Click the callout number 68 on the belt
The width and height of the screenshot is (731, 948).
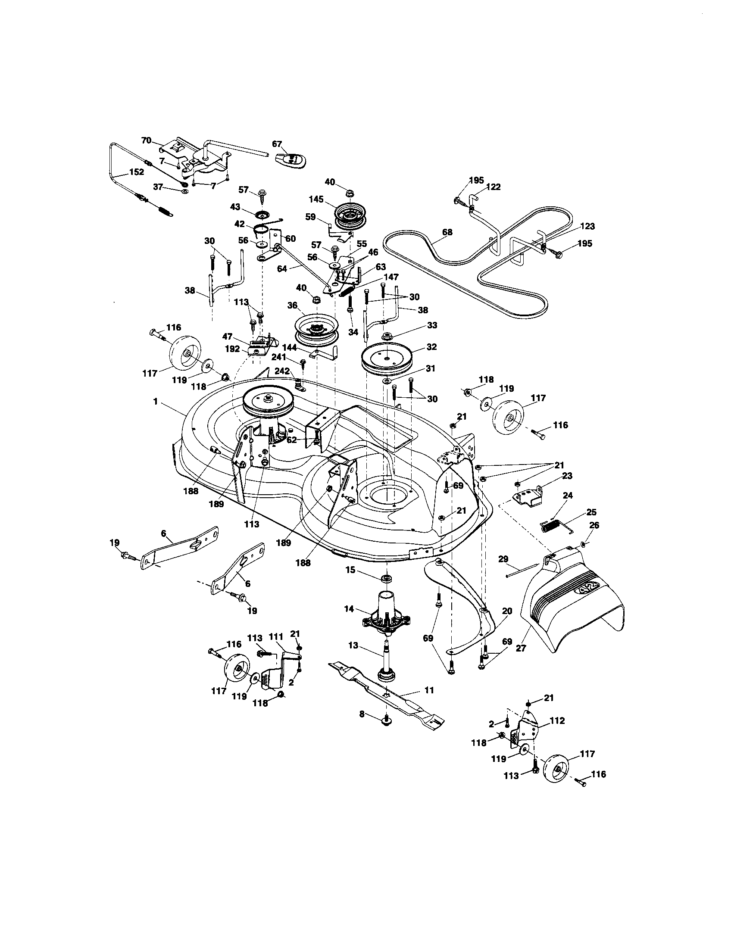click(447, 232)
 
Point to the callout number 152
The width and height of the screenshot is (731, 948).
click(136, 172)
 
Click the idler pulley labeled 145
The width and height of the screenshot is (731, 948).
click(350, 216)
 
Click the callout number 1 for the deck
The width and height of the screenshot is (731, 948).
click(156, 402)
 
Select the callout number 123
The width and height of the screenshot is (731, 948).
click(587, 226)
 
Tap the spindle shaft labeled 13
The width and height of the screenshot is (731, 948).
click(385, 660)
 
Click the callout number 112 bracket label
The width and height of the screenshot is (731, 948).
click(557, 720)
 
